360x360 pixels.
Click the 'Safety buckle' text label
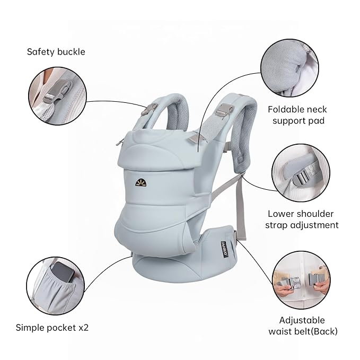(x=56, y=52)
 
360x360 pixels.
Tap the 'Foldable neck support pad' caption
(x=297, y=115)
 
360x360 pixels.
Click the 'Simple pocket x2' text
(x=52, y=327)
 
